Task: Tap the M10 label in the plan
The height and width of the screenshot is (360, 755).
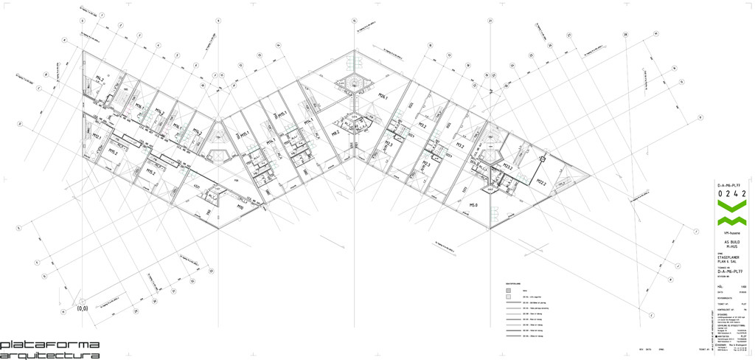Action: pos(240,207)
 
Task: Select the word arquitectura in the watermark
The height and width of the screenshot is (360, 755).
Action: pos(49,355)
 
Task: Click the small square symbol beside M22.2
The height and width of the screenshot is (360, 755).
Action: pos(542,158)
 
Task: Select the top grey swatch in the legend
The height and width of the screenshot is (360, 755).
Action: pos(509,291)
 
